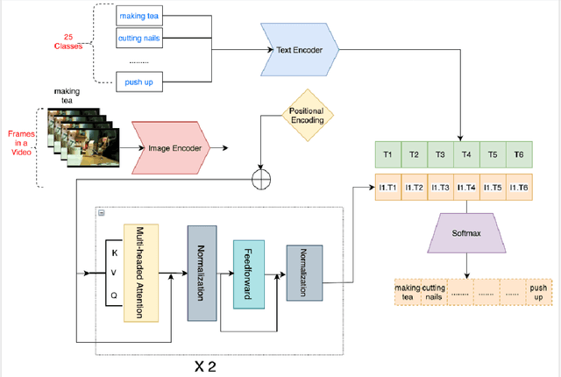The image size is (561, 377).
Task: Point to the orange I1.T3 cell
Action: coord(442,188)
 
